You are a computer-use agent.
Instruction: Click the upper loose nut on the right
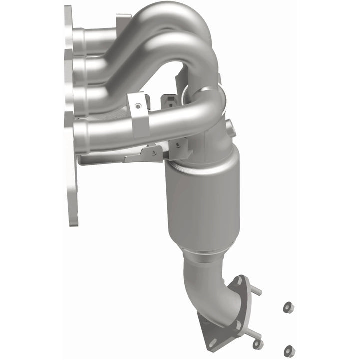point(288,308)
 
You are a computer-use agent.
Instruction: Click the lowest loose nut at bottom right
point(288,351)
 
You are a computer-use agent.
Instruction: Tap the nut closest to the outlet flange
point(258,344)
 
